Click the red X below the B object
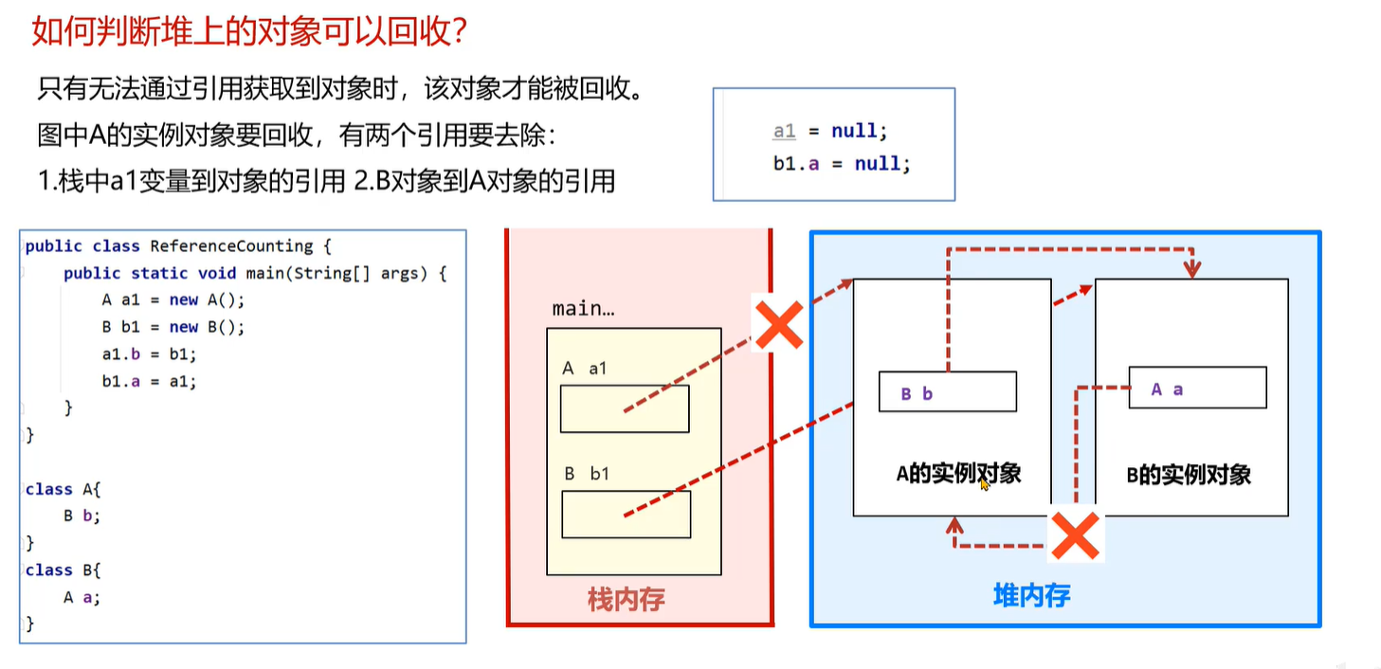(x=1075, y=537)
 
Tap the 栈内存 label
(x=627, y=599)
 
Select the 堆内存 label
(x=1031, y=595)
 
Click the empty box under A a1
(x=625, y=409)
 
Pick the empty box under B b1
(x=626, y=515)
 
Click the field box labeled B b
(x=947, y=391)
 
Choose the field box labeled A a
(x=1197, y=389)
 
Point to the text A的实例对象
(x=958, y=473)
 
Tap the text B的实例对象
(x=1189, y=475)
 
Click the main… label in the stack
(x=583, y=309)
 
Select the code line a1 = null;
(x=830, y=132)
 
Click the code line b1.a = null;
(x=842, y=164)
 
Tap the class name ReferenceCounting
(x=231, y=245)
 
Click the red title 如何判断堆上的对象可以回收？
(x=249, y=30)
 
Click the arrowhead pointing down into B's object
(x=1192, y=269)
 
